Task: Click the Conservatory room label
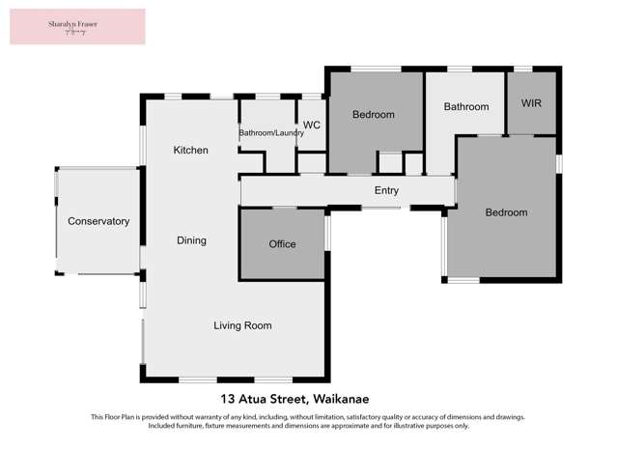[98, 221]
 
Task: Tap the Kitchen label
[190, 150]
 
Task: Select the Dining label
[191, 240]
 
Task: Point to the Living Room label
[242, 325]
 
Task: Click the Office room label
[282, 244]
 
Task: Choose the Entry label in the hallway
[386, 190]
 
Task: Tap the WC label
[312, 126]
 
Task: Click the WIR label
[532, 102]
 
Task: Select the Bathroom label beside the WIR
[466, 106]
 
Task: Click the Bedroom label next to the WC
[374, 115]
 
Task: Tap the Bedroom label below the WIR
[507, 212]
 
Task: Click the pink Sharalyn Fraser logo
[77, 26]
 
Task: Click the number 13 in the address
[228, 399]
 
